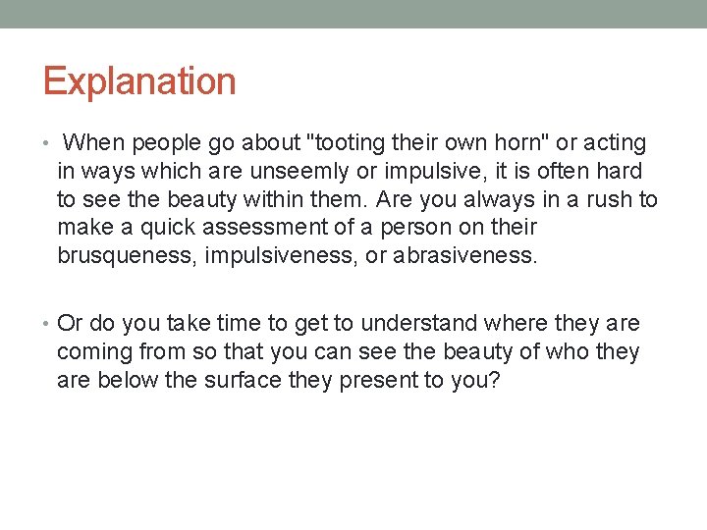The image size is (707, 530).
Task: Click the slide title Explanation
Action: [x=139, y=81]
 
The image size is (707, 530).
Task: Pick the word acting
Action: [x=616, y=143]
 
